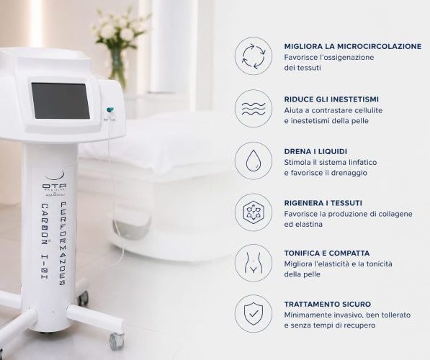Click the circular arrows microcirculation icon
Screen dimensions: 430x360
pos(254,56)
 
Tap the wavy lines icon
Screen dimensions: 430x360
pos(254,109)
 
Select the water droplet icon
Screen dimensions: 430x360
pos(254,161)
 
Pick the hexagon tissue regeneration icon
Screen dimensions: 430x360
pos(254,212)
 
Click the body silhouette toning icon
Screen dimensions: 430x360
pos(254,264)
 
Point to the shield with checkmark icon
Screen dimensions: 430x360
pos(254,314)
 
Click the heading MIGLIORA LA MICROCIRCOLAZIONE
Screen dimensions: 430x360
pos(353,46)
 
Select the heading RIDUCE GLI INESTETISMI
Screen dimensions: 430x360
pos(331,99)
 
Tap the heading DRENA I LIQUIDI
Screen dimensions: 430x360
pos(315,151)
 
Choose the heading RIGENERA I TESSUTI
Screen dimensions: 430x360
pos(323,203)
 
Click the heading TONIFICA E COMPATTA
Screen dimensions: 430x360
pos(327,253)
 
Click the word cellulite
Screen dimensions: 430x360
pos(369,110)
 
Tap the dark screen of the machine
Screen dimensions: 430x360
pos(61,101)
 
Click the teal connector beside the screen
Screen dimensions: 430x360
pos(110,110)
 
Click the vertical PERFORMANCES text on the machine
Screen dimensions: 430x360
pos(63,244)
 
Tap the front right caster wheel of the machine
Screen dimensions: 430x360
pos(117,341)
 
